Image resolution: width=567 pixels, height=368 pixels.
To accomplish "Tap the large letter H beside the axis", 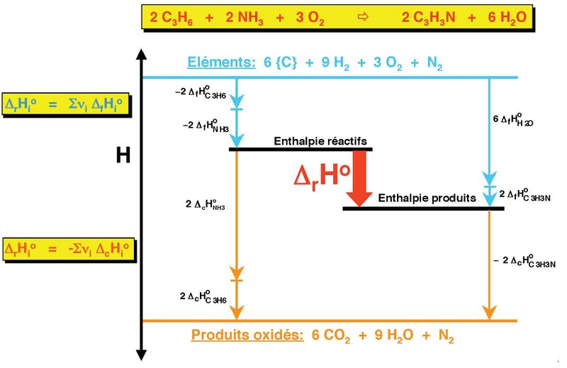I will click(123, 155).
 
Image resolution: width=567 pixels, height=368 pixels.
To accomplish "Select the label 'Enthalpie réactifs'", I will click(320, 142).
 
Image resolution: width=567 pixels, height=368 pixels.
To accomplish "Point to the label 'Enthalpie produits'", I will click(427, 199).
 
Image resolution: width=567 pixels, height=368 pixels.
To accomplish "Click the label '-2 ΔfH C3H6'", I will click(202, 92).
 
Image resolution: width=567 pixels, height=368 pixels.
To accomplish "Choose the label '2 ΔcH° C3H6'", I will click(203, 296).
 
